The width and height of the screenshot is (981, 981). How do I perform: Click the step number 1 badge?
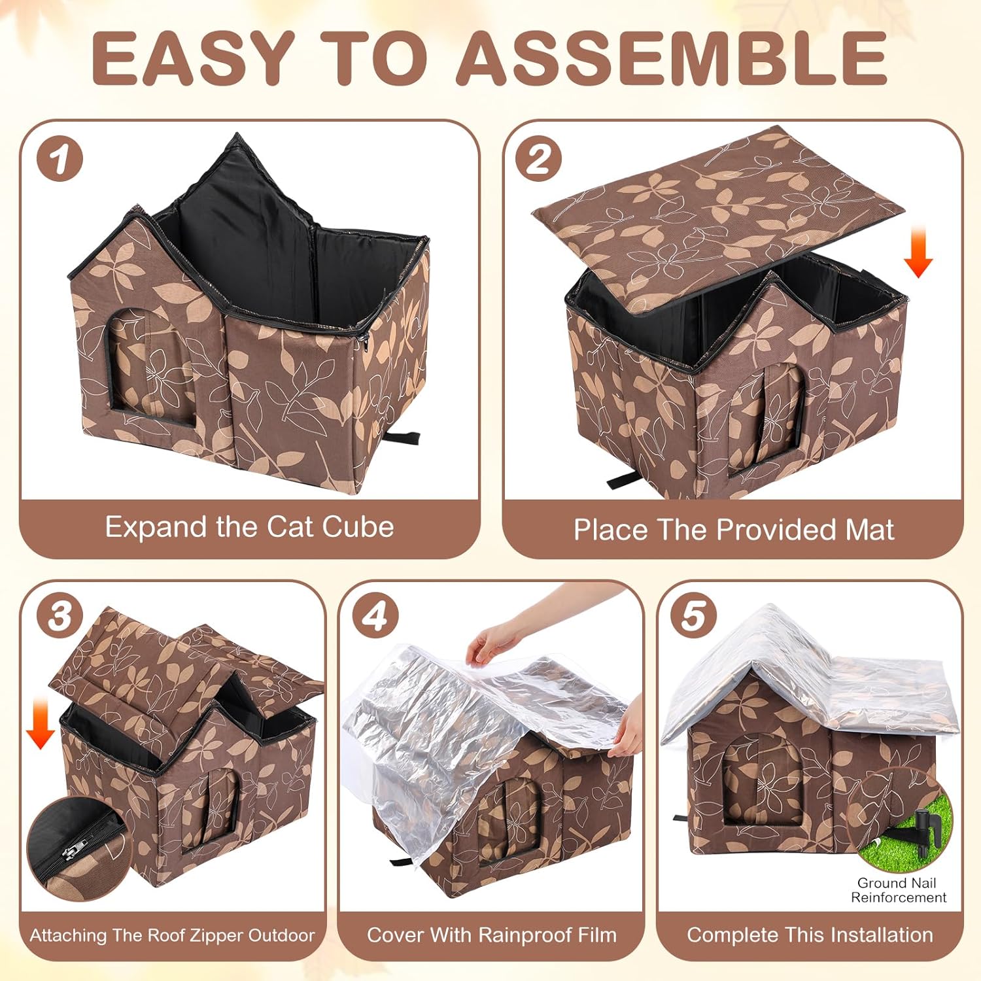pyautogui.click(x=60, y=160)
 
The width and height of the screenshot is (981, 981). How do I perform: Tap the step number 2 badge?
pyautogui.click(x=538, y=159)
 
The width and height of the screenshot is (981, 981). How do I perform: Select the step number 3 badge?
pyautogui.click(x=60, y=617)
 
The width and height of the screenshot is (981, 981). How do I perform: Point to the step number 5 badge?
pyautogui.click(x=693, y=617)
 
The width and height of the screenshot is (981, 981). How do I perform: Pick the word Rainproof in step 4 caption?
pyautogui.click(x=524, y=935)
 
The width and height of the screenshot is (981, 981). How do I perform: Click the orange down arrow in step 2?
pyautogui.click(x=918, y=252)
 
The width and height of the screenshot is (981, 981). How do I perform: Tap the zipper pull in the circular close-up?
pyautogui.click(x=68, y=851)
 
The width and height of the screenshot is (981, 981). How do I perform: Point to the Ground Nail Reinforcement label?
pyautogui.click(x=898, y=890)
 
